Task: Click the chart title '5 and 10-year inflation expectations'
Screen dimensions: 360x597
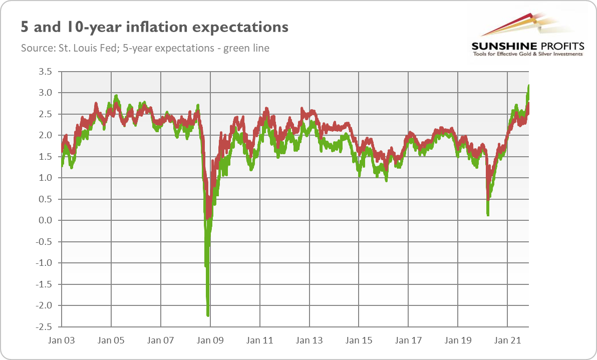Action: click(x=154, y=27)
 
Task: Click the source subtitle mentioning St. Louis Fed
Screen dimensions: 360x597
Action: click(x=145, y=48)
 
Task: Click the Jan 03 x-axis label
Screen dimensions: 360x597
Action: click(x=62, y=340)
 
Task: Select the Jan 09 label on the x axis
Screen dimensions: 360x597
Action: click(x=210, y=340)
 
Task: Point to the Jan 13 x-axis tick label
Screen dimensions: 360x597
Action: click(x=310, y=340)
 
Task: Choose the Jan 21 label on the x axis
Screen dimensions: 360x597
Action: click(x=508, y=340)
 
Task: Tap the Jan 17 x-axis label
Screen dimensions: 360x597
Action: click(x=409, y=340)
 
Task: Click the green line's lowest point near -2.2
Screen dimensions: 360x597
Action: click(x=208, y=314)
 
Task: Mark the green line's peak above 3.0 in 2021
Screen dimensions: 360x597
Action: click(x=529, y=87)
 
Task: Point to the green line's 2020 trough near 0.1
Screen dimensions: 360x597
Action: click(x=488, y=214)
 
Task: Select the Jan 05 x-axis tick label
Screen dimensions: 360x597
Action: click(x=111, y=340)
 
